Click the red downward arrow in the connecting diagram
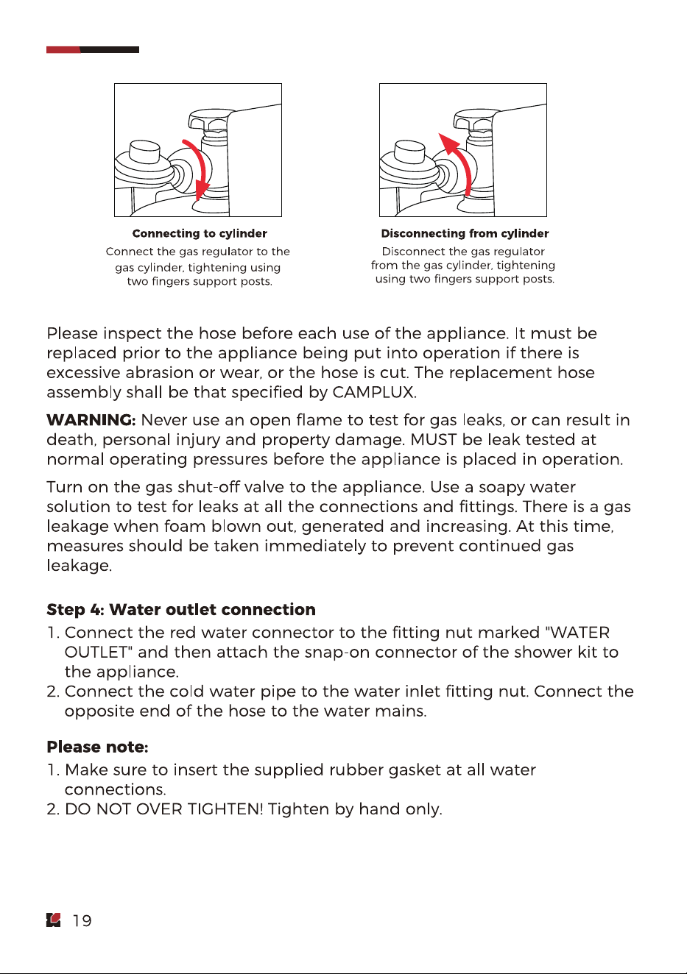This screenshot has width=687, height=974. pyautogui.click(x=202, y=168)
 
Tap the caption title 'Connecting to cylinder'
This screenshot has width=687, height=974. pyautogui.click(x=200, y=233)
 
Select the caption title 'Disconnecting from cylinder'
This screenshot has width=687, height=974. pyautogui.click(x=465, y=233)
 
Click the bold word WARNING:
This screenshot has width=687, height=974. pyautogui.click(x=91, y=420)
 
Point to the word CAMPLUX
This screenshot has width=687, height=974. pyautogui.click(x=374, y=392)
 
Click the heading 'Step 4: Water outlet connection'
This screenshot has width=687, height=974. pyautogui.click(x=181, y=610)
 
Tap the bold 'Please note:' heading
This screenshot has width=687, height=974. pyautogui.click(x=97, y=747)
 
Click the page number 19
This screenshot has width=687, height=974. pyautogui.click(x=82, y=920)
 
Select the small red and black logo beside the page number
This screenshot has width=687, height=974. pyautogui.click(x=54, y=920)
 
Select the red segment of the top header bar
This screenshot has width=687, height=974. pyautogui.click(x=63, y=49)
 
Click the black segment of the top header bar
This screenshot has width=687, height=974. pyautogui.click(x=110, y=49)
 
